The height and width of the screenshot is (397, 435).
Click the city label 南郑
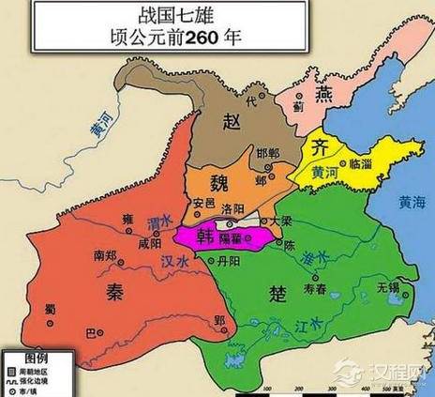pos(105,255)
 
